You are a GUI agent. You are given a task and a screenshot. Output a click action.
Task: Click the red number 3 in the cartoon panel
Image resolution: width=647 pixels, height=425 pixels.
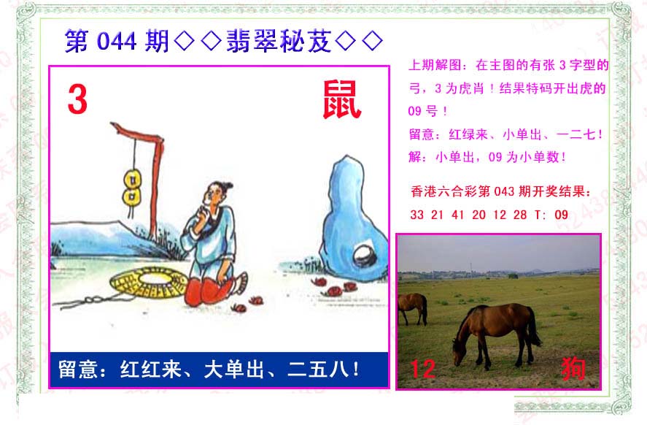click(77, 99)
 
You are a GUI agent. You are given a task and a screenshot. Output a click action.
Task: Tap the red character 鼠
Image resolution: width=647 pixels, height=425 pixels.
click(341, 99)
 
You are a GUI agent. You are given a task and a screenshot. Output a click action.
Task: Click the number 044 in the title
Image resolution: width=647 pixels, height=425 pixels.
click(117, 42)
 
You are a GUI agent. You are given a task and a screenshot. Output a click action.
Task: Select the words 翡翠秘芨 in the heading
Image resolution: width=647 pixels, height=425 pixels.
click(279, 42)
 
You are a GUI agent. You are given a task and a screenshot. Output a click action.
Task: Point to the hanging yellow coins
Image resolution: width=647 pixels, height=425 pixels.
click(132, 187)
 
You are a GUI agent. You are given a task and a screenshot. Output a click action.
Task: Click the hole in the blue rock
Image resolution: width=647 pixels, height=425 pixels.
click(365, 256)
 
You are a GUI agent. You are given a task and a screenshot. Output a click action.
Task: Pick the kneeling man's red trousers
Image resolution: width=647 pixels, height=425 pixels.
click(209, 291)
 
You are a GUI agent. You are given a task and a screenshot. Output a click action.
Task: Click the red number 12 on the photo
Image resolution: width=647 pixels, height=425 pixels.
click(423, 369)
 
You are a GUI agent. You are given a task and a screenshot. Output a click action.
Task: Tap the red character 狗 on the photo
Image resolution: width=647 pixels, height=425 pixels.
click(573, 369)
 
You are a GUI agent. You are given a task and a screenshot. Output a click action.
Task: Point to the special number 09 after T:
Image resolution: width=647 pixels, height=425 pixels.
click(561, 215)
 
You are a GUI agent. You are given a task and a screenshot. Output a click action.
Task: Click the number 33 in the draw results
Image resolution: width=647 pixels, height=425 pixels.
click(417, 215)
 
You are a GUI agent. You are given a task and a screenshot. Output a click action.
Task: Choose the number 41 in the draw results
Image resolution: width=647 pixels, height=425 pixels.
click(458, 215)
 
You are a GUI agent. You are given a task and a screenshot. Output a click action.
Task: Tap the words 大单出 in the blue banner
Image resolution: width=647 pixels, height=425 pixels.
click(234, 369)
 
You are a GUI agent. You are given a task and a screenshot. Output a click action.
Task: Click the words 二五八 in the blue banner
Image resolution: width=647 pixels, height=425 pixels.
click(318, 369)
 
